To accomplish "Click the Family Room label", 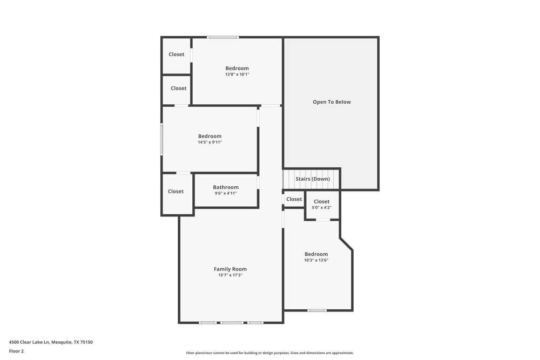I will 230,269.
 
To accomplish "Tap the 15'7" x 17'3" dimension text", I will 230,275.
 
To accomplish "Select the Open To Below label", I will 332,102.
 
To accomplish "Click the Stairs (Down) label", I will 312,179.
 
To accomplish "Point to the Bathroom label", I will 225,187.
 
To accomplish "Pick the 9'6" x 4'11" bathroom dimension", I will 225,193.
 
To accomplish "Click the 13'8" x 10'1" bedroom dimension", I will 237,74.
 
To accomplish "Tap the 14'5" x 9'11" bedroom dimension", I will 210,142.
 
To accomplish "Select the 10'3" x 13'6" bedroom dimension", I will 316,260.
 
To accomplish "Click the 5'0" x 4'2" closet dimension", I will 321,207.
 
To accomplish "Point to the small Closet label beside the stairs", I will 294,199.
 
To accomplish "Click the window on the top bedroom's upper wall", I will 223,37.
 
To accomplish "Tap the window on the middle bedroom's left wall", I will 161,140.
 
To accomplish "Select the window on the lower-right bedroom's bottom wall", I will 317,310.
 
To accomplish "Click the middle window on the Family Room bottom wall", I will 232,323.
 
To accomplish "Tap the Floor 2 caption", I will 16,351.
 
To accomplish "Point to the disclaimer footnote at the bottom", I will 269,353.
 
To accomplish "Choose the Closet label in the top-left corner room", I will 176,55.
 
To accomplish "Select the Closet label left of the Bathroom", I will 175,192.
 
